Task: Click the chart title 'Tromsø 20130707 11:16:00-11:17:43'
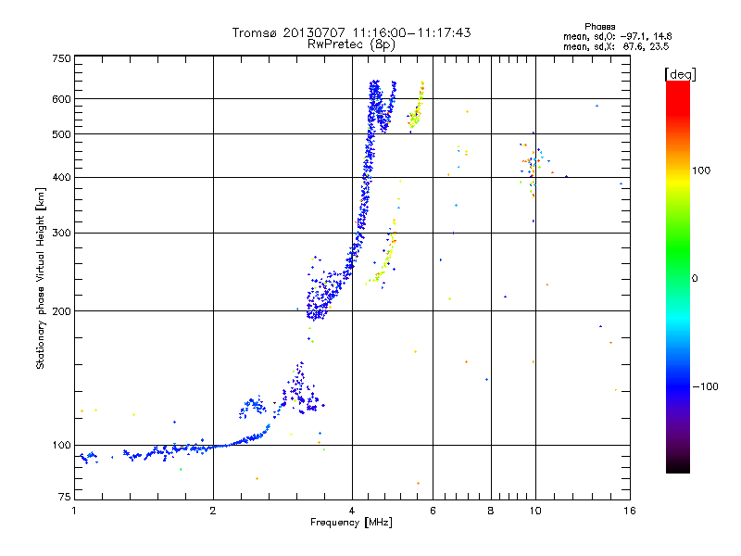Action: tap(351, 32)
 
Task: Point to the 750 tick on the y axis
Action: tap(61, 58)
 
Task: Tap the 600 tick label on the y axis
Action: tap(61, 99)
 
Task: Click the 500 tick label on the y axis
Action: tap(61, 134)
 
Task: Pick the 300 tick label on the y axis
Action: tap(61, 233)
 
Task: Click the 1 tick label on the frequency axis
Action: tap(74, 511)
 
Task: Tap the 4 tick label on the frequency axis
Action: tap(352, 511)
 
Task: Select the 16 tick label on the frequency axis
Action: tap(630, 511)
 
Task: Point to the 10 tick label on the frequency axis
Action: tap(534, 511)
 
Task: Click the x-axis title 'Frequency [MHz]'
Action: tap(351, 524)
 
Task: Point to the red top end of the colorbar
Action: tap(677, 84)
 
